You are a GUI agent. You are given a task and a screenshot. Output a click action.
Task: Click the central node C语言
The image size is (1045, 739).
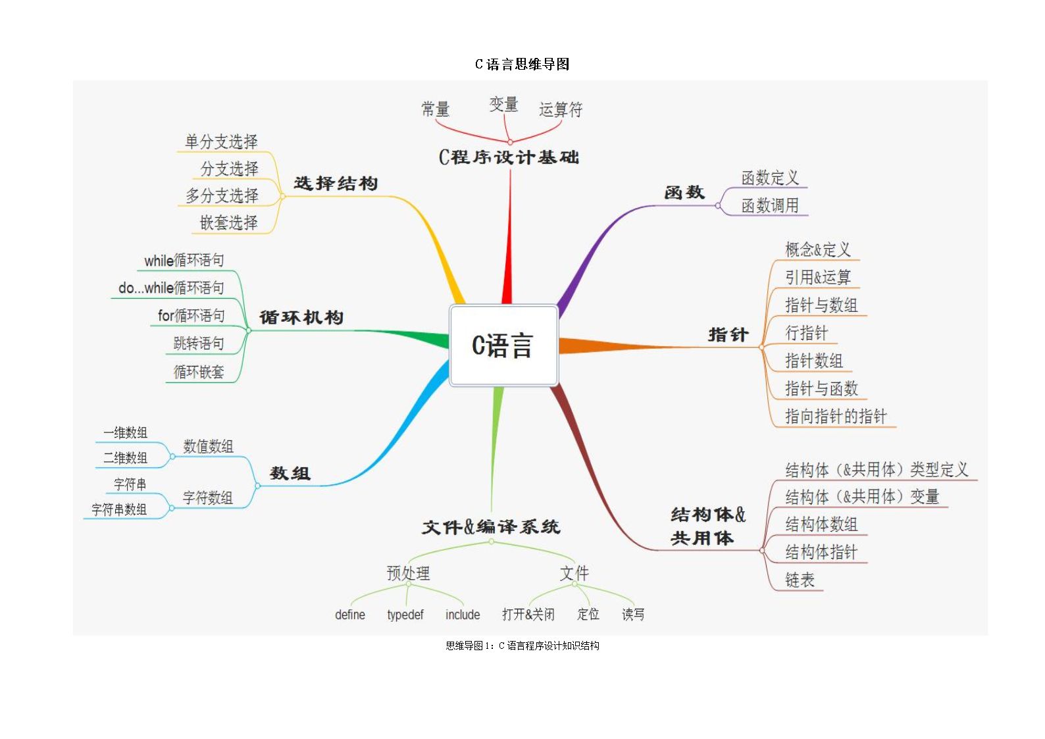[x=503, y=345]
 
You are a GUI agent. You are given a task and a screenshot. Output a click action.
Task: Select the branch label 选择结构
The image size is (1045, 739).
[x=336, y=183]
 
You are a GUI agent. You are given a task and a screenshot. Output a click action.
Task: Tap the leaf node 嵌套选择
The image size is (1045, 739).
[x=229, y=222]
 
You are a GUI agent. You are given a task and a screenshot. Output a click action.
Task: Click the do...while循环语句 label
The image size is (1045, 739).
[x=171, y=288]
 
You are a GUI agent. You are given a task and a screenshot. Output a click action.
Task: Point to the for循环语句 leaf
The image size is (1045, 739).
[x=191, y=316]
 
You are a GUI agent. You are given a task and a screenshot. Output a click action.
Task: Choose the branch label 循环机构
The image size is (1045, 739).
[x=301, y=318]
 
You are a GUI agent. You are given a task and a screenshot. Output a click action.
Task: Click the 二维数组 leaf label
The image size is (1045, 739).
[x=125, y=458]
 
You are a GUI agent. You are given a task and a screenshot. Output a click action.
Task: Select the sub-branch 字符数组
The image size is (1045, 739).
[x=208, y=498]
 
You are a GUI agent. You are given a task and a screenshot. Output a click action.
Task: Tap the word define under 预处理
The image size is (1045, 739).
[x=350, y=615]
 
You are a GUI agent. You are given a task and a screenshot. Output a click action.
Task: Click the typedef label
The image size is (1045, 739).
[x=405, y=615]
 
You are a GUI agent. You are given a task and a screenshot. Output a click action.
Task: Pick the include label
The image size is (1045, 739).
[x=463, y=615]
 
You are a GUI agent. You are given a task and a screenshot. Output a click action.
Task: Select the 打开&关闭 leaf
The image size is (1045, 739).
[x=528, y=615]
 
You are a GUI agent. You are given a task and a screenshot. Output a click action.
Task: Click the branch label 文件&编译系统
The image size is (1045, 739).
[x=491, y=527]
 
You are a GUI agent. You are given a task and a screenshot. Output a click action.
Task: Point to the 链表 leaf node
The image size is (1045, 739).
[x=800, y=580]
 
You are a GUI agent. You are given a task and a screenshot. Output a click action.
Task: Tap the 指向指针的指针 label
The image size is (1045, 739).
[x=836, y=416]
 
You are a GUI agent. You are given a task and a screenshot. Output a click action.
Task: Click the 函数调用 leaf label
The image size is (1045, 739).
[x=770, y=206]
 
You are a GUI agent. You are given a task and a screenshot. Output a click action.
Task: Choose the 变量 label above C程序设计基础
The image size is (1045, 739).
[x=503, y=105]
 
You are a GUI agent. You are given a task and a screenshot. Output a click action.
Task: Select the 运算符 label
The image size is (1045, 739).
[x=561, y=109]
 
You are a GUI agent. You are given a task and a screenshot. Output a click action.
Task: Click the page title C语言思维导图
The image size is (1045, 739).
[x=522, y=64]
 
